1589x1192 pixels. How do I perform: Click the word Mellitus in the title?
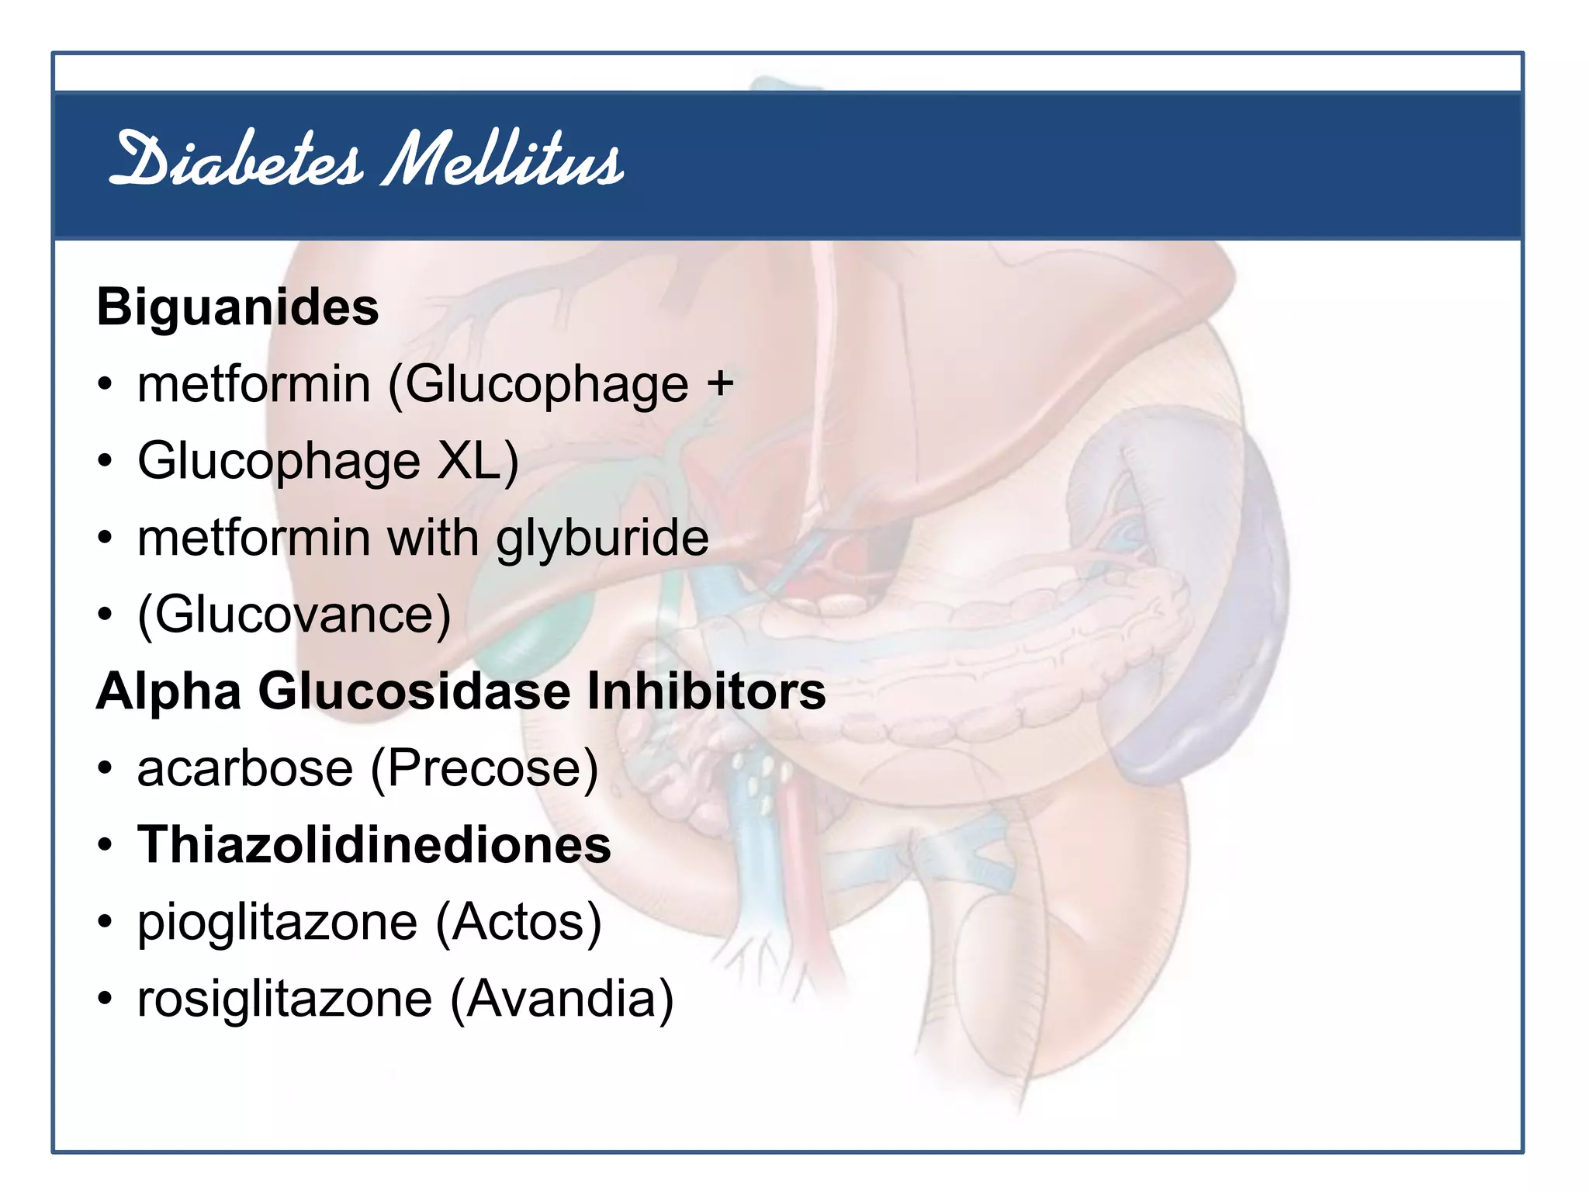tap(503, 161)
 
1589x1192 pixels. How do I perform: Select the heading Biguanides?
tap(237, 308)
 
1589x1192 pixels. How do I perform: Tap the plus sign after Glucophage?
tap(720, 383)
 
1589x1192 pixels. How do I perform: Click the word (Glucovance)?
tap(294, 615)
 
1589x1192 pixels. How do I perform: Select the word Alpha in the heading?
tap(168, 691)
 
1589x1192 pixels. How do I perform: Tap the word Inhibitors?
tap(706, 691)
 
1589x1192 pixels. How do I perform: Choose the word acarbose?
tap(245, 768)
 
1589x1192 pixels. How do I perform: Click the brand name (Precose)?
tap(484, 768)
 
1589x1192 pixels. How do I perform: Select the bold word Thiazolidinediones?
tap(374, 844)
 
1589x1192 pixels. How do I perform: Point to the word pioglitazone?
tap(278, 922)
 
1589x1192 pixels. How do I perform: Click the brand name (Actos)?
tap(518, 922)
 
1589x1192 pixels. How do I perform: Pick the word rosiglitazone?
tap(285, 999)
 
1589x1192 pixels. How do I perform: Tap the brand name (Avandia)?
tap(562, 999)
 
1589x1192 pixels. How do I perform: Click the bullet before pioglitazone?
tap(106, 922)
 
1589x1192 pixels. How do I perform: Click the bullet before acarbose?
tap(106, 768)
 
